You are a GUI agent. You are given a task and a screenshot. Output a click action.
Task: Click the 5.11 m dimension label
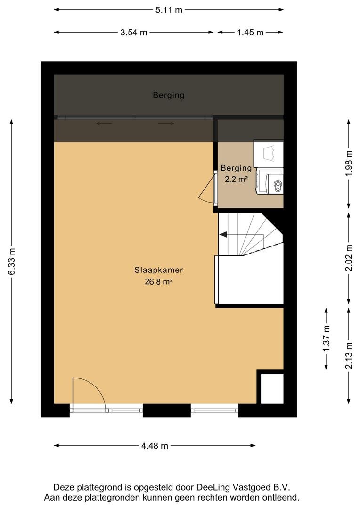click(x=169, y=10)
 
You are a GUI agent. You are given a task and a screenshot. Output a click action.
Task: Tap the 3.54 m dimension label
click(x=134, y=33)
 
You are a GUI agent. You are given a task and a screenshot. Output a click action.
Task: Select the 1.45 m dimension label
click(x=250, y=33)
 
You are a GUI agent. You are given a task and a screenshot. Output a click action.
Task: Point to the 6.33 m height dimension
click(x=12, y=262)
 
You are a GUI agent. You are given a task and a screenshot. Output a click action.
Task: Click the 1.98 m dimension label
click(x=349, y=163)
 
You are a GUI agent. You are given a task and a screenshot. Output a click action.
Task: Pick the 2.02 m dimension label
click(x=349, y=258)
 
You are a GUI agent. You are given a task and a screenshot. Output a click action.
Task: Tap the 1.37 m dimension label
click(x=327, y=338)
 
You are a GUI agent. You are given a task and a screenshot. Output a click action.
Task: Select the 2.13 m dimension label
click(x=349, y=356)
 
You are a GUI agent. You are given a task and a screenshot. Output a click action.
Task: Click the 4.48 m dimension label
click(x=155, y=446)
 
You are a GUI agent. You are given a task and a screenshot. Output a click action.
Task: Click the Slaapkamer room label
click(x=159, y=270)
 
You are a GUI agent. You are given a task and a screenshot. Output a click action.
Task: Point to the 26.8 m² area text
click(x=158, y=282)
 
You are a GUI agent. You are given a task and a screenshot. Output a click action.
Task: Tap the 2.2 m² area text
click(x=237, y=179)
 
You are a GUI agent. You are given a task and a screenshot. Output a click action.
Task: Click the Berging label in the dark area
click(x=169, y=95)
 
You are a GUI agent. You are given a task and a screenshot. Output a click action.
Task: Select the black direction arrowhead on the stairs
click(x=223, y=234)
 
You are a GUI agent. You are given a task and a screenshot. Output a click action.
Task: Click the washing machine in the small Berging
click(x=270, y=181)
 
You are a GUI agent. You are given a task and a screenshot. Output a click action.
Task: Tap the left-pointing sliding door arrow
click(x=104, y=123)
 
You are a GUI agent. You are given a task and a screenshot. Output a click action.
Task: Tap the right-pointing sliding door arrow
click(x=166, y=123)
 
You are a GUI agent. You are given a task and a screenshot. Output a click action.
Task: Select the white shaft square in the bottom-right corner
click(x=272, y=389)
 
